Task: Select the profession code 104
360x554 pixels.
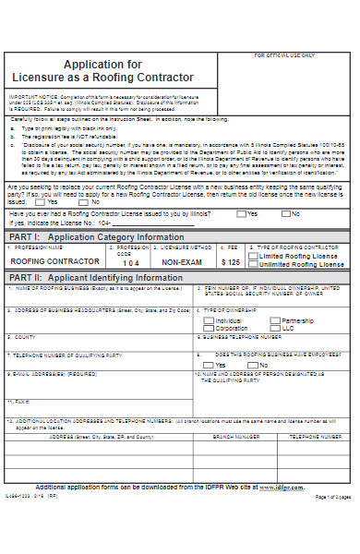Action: tap(132, 262)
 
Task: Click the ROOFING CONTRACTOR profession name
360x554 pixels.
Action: tap(56, 262)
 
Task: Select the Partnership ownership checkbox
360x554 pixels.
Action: tap(276, 320)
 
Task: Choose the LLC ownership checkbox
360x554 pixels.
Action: tap(276, 329)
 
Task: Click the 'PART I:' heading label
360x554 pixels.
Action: tap(25, 236)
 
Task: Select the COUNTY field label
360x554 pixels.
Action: tap(25, 338)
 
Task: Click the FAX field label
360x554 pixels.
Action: tap(20, 376)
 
